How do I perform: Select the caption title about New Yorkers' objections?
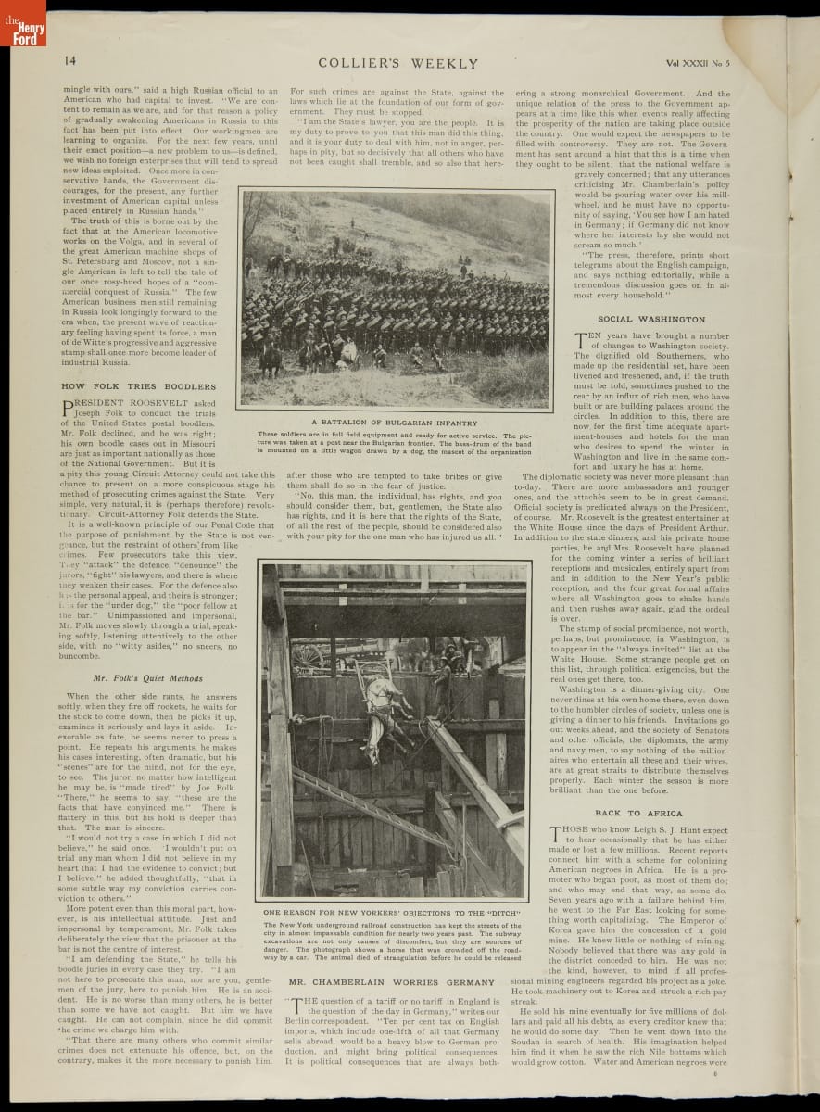click(x=391, y=913)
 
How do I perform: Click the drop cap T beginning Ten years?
click(x=581, y=341)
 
